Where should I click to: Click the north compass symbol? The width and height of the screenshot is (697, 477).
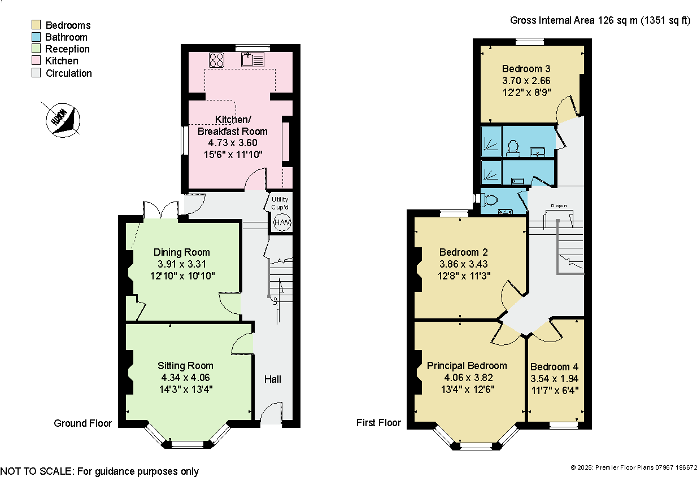pyautogui.click(x=62, y=119)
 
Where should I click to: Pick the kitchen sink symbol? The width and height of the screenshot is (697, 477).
pyautogui.click(x=252, y=59)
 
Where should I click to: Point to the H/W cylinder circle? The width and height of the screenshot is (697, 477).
pyautogui.click(x=282, y=223)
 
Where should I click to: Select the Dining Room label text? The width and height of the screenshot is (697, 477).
pyautogui.click(x=181, y=252)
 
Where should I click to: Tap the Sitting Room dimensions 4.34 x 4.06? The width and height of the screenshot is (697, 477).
pyautogui.click(x=185, y=377)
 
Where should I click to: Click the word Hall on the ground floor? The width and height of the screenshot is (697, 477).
pyautogui.click(x=273, y=379)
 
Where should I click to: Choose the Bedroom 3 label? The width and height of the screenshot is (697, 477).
pyautogui.click(x=526, y=69)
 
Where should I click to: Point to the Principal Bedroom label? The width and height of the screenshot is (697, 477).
pyautogui.click(x=467, y=366)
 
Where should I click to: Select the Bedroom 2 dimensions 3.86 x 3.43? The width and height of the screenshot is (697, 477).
pyautogui.click(x=463, y=264)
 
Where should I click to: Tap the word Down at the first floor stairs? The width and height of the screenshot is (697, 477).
pyautogui.click(x=559, y=205)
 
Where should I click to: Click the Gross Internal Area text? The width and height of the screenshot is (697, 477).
pyautogui.click(x=600, y=21)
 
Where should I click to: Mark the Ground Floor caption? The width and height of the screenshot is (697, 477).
pyautogui.click(x=82, y=423)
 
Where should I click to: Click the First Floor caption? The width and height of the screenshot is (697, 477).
pyautogui.click(x=378, y=422)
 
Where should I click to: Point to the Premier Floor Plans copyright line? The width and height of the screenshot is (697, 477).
pyautogui.click(x=634, y=467)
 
